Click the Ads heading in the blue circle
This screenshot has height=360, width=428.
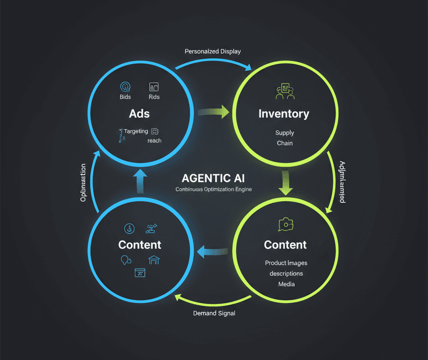click(140, 114)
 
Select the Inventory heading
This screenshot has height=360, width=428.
click(284, 114)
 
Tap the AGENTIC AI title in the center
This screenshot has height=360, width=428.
click(213, 178)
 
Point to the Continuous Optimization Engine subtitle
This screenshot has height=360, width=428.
click(214, 189)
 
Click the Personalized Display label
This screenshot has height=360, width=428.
click(213, 51)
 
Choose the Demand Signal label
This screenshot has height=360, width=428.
click(214, 313)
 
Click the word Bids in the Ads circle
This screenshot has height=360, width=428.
click(125, 97)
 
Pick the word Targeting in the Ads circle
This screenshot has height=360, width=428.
click(135, 131)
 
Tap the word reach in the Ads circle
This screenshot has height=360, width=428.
click(154, 141)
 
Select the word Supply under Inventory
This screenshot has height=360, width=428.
click(285, 133)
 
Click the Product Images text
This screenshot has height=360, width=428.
click(286, 263)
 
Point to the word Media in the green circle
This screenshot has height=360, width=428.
click(286, 284)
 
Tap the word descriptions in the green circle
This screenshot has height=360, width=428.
click(286, 274)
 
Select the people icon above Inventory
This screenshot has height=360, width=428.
click(285, 91)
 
